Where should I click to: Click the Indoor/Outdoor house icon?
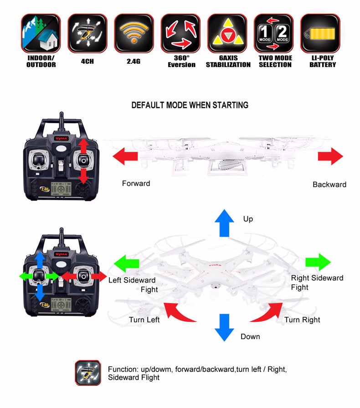(41, 33)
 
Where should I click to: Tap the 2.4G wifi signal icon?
(134, 33)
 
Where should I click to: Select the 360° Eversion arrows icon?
(180, 33)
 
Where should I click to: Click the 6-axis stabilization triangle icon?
(227, 33)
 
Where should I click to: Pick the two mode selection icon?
(273, 33)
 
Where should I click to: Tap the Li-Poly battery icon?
(320, 33)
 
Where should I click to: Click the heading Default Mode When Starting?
(190, 105)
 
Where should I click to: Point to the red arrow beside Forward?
(125, 157)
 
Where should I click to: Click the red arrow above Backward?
(330, 156)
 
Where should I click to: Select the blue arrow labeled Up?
(224, 223)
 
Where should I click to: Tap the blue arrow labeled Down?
(224, 327)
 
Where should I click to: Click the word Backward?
(329, 185)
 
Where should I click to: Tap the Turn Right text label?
(302, 320)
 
